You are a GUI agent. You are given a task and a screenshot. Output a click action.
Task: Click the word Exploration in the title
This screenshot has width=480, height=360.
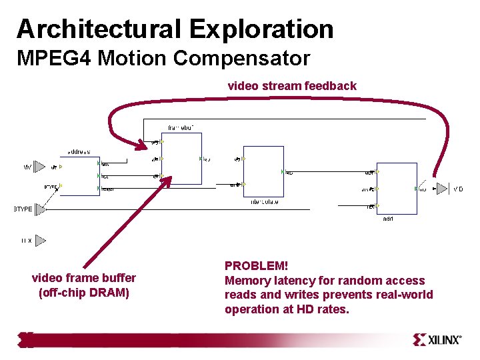click(x=261, y=29)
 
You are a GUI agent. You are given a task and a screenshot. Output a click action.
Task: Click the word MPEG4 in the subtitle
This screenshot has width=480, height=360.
click(x=55, y=58)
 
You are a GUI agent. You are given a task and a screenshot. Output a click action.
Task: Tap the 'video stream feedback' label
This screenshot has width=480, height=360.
click(x=292, y=85)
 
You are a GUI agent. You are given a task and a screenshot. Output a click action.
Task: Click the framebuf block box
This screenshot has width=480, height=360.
click(x=181, y=158)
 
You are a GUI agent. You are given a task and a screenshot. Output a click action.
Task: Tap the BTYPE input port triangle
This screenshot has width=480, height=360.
click(x=41, y=209)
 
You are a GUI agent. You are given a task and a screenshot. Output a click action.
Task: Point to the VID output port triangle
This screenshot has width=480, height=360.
click(x=441, y=189)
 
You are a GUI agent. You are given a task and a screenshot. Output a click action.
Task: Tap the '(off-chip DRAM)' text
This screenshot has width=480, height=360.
click(x=84, y=292)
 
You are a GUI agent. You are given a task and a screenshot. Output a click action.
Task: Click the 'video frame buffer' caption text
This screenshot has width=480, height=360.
click(x=84, y=278)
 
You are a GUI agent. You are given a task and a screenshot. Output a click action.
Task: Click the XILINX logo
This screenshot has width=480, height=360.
click(x=436, y=340)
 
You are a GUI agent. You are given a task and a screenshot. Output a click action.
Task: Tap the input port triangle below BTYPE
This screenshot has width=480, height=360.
click(x=41, y=240)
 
